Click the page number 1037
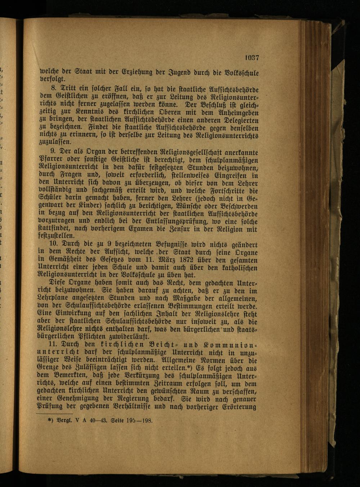(x=252, y=57)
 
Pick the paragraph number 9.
(x=55, y=153)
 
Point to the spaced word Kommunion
(x=230, y=345)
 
